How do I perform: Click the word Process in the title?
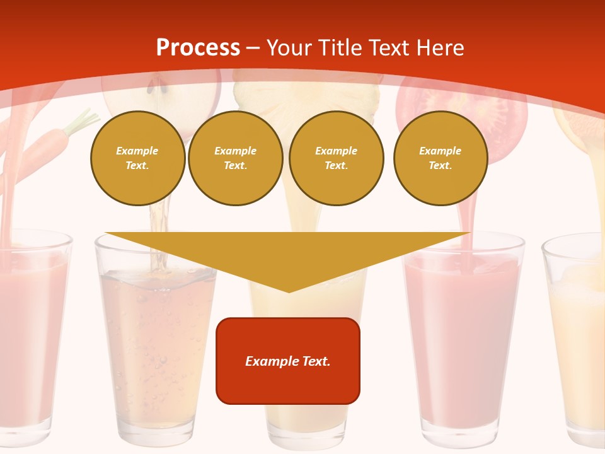click(198, 47)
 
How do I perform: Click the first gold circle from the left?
click(137, 158)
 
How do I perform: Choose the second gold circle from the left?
click(235, 158)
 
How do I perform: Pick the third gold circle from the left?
click(336, 158)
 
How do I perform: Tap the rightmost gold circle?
click(440, 158)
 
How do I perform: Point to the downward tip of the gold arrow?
click(289, 290)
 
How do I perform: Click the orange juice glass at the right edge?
click(577, 340)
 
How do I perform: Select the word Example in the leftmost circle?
click(137, 151)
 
